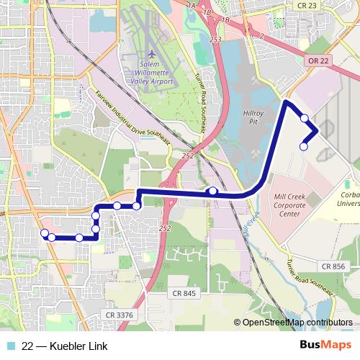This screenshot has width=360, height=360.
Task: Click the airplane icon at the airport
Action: click(x=151, y=55)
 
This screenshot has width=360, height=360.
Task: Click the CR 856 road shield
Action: click(x=334, y=266)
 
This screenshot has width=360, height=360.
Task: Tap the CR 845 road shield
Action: click(x=184, y=293)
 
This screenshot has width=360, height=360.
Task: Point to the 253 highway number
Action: click(x=215, y=41)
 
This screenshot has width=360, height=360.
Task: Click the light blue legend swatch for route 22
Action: click(x=9, y=346)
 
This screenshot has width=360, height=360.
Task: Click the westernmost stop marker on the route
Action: click(x=45, y=233)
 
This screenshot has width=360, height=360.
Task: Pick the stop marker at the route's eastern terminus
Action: click(x=303, y=146)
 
